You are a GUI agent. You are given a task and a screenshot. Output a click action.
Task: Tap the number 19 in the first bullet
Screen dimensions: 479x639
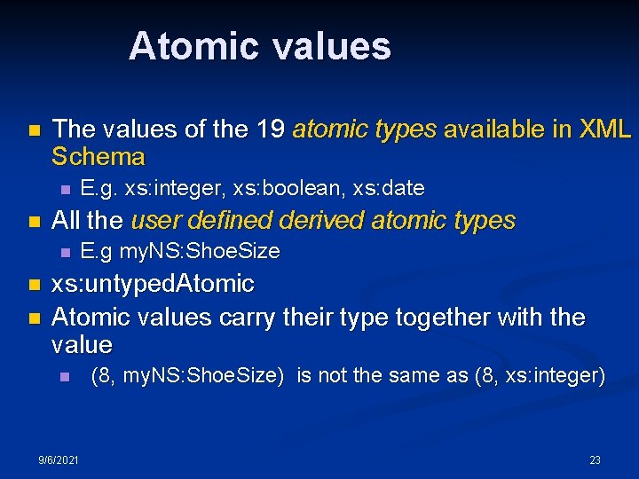point(268,130)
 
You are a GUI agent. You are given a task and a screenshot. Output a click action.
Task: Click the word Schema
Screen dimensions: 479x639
point(98,158)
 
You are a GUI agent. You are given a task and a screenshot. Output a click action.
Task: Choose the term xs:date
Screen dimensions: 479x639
point(389,189)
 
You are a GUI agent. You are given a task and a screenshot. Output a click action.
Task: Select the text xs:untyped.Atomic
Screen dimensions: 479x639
point(153,285)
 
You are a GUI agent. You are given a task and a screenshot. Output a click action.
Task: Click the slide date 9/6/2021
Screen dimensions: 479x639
point(58,459)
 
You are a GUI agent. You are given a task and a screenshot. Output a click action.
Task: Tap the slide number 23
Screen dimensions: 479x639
point(595,459)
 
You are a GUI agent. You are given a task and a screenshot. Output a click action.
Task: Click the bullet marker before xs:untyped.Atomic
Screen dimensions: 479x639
point(33,286)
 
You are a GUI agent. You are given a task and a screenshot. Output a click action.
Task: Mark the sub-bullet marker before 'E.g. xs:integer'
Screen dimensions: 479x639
point(63,189)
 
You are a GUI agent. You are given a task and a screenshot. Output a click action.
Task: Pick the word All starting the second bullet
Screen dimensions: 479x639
point(67,221)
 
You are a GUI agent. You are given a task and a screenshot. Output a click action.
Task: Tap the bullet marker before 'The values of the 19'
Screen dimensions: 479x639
point(33,130)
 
